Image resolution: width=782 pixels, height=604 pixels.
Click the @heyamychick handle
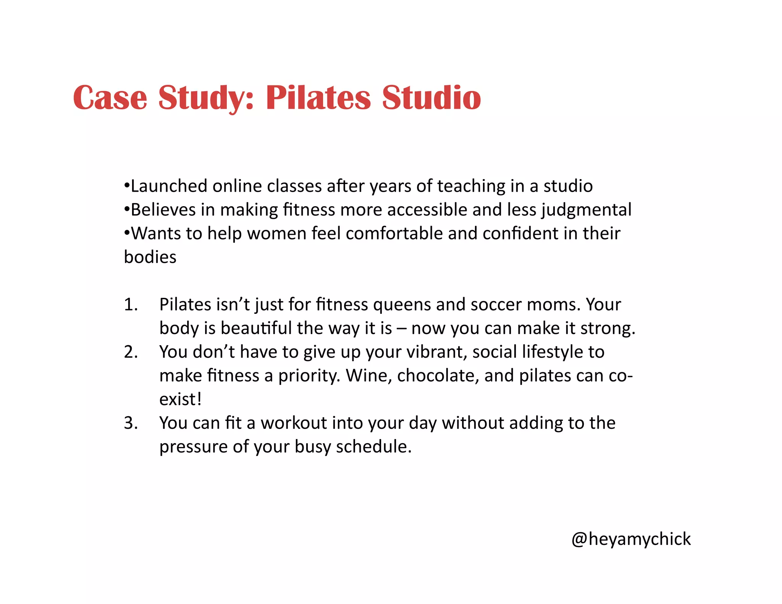coord(631,539)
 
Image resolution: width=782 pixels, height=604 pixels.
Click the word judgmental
coord(586,210)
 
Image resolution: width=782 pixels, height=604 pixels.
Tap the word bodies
coord(150,257)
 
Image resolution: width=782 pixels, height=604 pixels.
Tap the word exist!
coord(180,399)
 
